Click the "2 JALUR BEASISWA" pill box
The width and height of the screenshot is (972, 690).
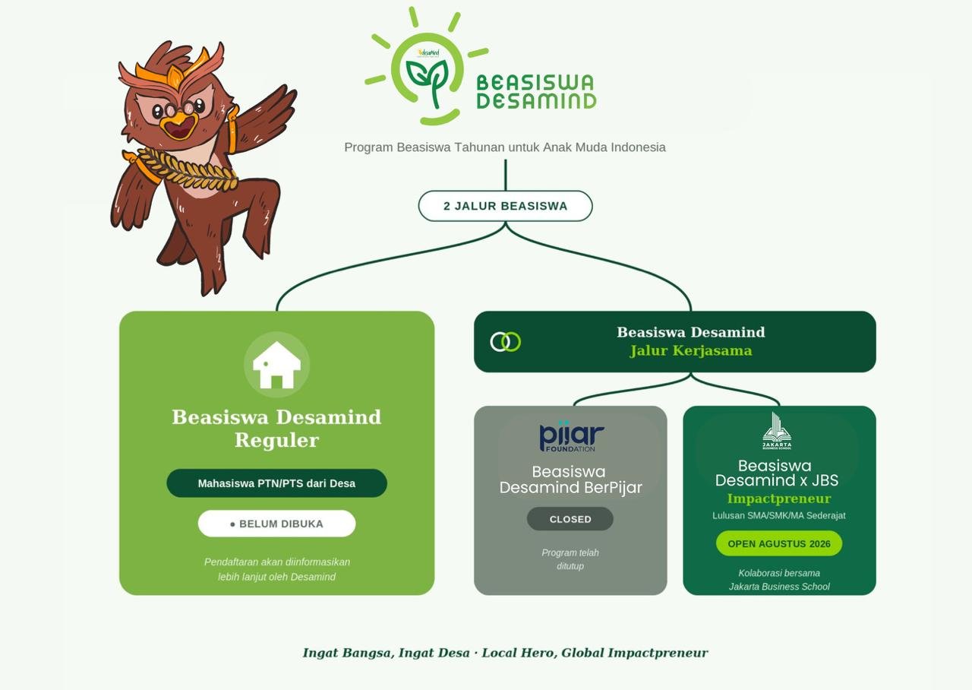pos(505,206)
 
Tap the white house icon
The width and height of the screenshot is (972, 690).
pos(277,365)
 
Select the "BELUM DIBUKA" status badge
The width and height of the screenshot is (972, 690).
pos(277,524)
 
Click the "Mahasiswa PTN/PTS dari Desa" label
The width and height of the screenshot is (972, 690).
pos(277,483)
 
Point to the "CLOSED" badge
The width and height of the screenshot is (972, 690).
pos(570,519)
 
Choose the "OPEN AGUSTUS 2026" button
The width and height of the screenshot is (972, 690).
pos(779,543)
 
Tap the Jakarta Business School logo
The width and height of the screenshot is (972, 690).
pos(777,431)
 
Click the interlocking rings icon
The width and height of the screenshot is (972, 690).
pos(506,342)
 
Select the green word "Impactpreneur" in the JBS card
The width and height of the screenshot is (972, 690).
pos(779,499)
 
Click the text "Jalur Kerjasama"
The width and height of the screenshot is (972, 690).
pos(691,350)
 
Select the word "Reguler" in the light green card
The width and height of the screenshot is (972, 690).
pos(277,440)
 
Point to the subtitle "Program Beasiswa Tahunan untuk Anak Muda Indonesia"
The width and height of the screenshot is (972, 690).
pos(505,147)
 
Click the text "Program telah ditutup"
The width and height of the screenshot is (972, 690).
pos(570,559)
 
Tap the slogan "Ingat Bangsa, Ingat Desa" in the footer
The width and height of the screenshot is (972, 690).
pos(387,653)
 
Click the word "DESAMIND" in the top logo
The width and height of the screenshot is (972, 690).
pos(537,101)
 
